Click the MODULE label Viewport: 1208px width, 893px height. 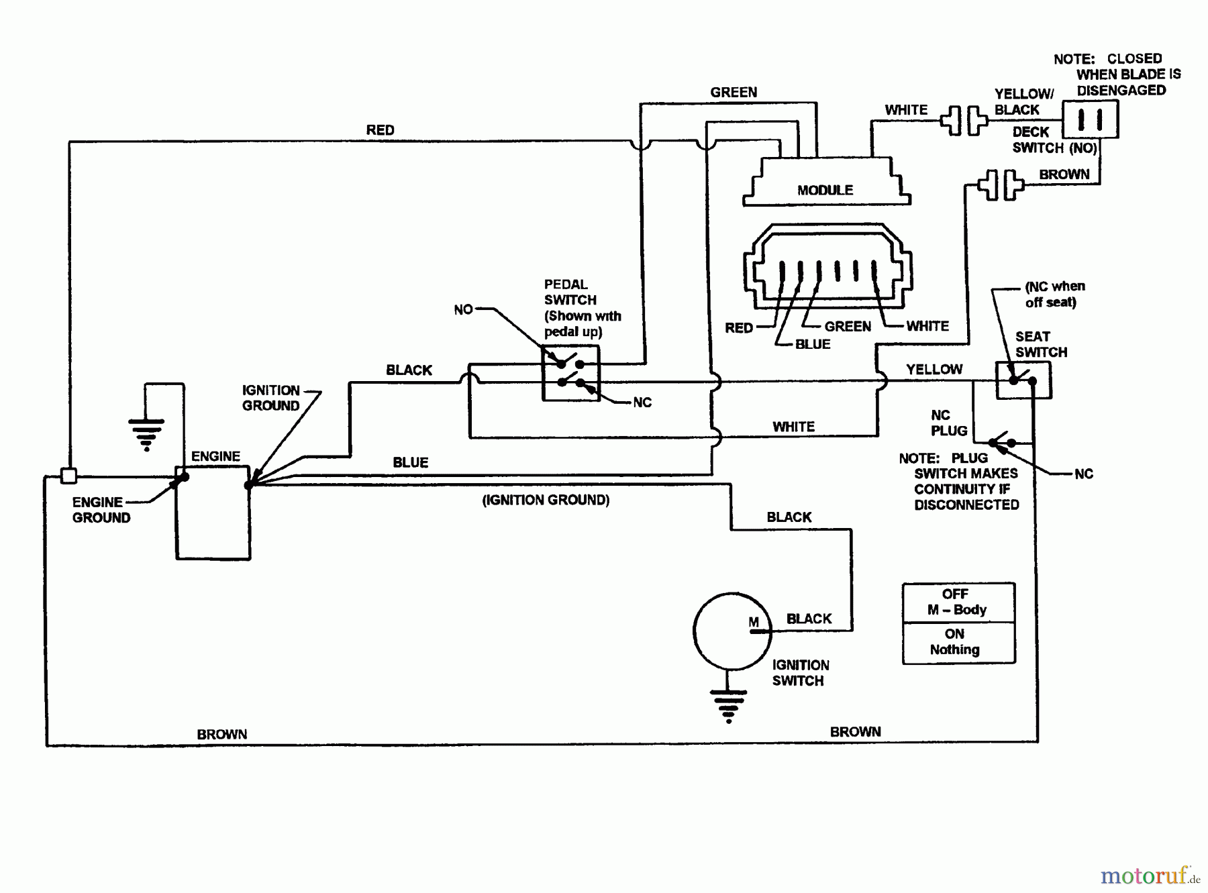(825, 190)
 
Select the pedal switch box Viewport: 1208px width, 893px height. (570, 374)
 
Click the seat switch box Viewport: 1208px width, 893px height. (1023, 380)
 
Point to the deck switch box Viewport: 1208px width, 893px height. (1090, 119)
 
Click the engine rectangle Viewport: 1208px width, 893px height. (213, 513)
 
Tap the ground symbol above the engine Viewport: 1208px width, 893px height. (146, 433)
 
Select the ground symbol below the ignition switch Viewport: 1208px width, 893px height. (728, 705)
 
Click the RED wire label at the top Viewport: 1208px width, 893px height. (380, 130)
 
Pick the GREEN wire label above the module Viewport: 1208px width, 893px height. (734, 93)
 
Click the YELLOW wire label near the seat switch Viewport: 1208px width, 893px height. (934, 369)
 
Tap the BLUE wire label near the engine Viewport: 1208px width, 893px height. (410, 462)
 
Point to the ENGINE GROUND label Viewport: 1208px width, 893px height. (101, 510)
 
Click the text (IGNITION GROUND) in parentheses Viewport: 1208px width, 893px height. (546, 500)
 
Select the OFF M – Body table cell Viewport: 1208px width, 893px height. (958, 602)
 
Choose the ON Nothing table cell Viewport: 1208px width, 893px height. (958, 642)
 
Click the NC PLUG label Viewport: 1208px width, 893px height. (948, 423)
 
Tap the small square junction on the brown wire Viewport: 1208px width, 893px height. (68, 476)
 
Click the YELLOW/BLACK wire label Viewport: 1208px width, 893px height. (1023, 101)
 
